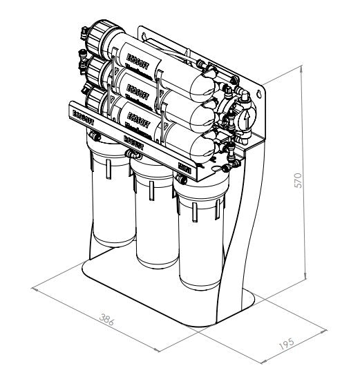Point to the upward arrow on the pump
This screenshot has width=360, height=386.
tap(245, 119)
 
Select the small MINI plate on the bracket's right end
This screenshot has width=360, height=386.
tap(184, 166)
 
